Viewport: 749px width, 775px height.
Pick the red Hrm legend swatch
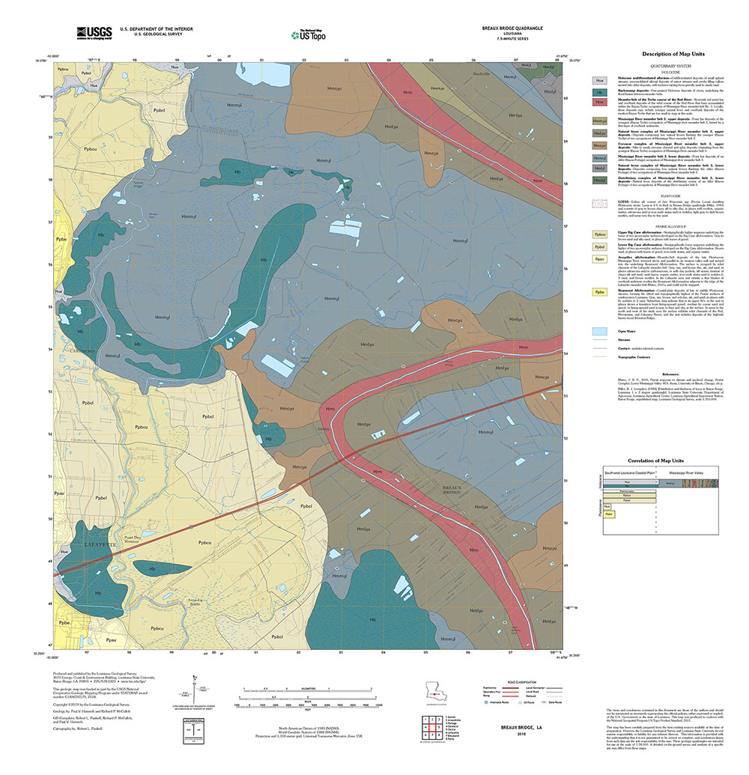coord(598,102)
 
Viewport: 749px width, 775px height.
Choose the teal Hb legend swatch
coord(598,91)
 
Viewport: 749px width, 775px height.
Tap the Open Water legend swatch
coord(598,330)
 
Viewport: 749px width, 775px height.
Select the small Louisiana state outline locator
coord(435,689)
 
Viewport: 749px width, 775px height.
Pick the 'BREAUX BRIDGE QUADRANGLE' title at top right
coord(512,28)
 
